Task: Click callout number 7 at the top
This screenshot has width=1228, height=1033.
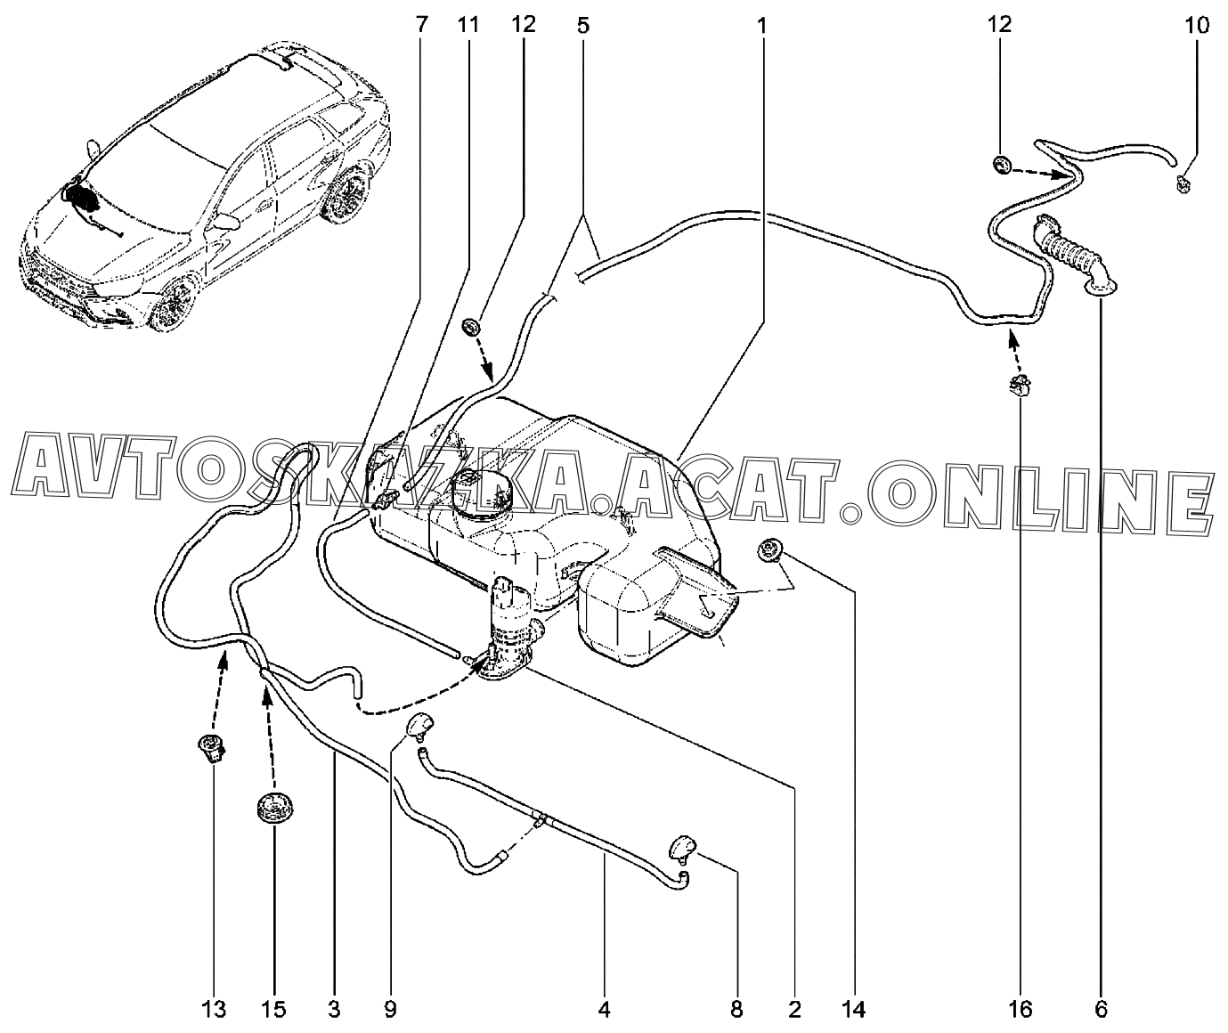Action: click(x=422, y=25)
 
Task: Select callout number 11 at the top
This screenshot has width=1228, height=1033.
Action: click(x=468, y=25)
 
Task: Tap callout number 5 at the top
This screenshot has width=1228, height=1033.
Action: click(x=582, y=25)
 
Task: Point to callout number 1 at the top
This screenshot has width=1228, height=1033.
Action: click(x=762, y=25)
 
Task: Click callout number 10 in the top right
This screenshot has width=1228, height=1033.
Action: click(x=1196, y=25)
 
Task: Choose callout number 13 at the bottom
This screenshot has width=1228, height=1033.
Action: click(x=214, y=1010)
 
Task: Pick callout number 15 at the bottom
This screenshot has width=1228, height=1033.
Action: click(x=273, y=1010)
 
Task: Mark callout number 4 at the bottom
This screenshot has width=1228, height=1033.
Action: click(x=604, y=1010)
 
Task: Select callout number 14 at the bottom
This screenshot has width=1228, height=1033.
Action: click(x=853, y=1010)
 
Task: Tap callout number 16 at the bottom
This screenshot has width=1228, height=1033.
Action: click(x=1021, y=1010)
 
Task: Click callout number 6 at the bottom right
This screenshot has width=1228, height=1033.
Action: click(x=1101, y=1010)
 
